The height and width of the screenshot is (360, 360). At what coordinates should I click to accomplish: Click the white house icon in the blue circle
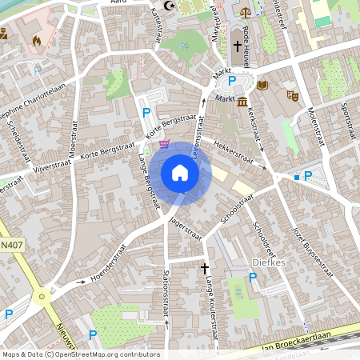tap(180, 172)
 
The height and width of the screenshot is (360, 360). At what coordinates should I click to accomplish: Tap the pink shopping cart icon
tap(165, 144)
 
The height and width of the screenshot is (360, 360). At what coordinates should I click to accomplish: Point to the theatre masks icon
tap(293, 95)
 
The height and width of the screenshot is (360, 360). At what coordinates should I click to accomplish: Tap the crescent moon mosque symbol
tap(168, 5)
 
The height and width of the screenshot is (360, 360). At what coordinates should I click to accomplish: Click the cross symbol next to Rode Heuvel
tap(237, 47)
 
